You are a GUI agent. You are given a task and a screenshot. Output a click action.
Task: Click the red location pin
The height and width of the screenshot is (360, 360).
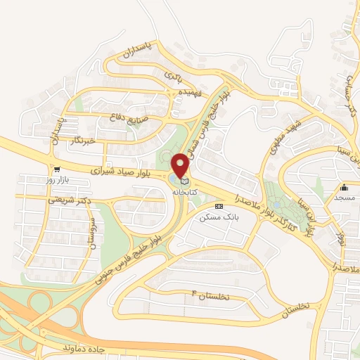coord(182,165)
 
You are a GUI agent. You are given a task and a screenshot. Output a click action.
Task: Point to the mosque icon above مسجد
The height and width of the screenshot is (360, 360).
coord(345,188)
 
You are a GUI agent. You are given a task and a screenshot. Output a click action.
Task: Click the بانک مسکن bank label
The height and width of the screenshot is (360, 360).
coord(215,217)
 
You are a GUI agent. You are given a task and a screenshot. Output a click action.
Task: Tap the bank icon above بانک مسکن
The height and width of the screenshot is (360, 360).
coord(219,206)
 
